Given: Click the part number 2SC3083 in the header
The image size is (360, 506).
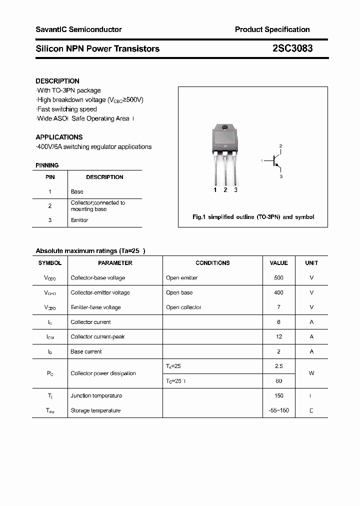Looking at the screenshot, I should tap(292, 48).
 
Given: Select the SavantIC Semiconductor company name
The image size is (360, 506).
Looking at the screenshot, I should tap(78, 29).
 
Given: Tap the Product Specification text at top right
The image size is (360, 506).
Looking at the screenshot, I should tap(272, 29).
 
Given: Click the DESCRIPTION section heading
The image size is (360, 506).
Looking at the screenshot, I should tap(57, 81).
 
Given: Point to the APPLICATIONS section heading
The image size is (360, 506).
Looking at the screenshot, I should tap(59, 137).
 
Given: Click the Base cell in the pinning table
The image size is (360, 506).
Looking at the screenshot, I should tap(77, 191).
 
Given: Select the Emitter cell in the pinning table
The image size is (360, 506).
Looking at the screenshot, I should tap(79, 220).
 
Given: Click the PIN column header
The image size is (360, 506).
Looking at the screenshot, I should tap(50, 177).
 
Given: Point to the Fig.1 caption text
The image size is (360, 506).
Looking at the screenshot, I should tap(253, 217).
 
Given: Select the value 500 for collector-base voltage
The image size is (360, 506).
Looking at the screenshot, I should tap(278, 277).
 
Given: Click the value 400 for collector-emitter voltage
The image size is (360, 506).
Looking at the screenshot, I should tap(278, 292).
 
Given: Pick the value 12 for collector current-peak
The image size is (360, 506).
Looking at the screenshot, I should tap(278, 336).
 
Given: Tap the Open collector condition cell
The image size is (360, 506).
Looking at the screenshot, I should tap(183, 307).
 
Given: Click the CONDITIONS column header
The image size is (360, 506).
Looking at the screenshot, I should tap(212, 262).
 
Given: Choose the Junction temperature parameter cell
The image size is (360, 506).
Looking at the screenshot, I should tap(96, 395).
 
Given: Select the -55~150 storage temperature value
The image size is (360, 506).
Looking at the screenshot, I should tap(278, 410).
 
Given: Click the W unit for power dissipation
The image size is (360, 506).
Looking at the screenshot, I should tap(311, 373).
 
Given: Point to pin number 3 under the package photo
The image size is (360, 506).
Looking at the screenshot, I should tap(235, 189).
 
